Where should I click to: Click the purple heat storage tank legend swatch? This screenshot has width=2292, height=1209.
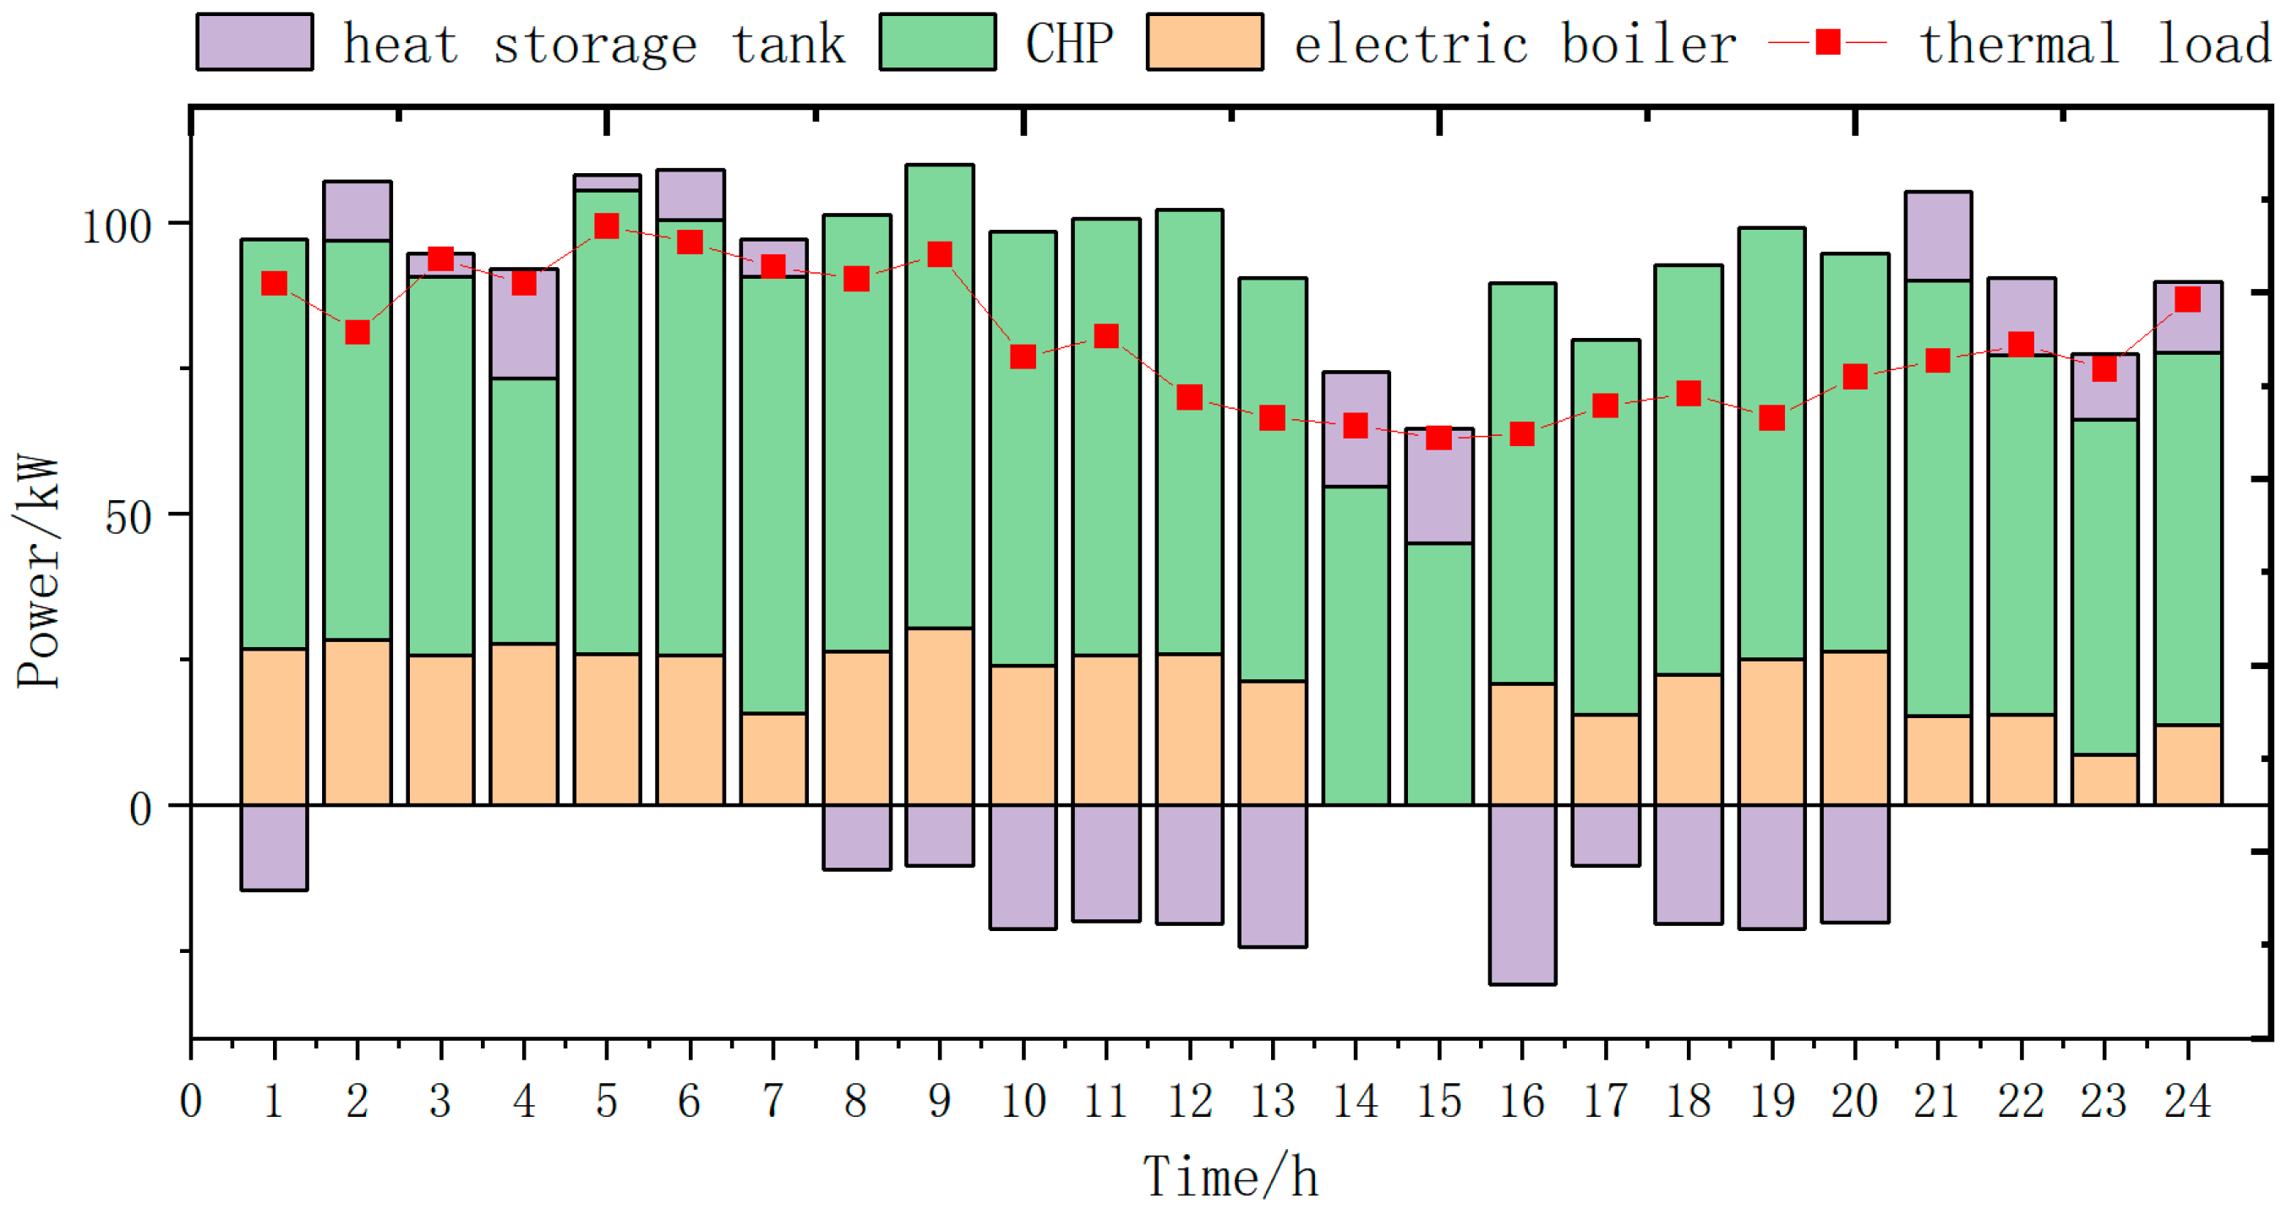254,41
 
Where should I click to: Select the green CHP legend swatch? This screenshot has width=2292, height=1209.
937,41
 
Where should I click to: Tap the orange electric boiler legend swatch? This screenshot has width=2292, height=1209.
1204,41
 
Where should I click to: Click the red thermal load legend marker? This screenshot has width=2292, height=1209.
1827,41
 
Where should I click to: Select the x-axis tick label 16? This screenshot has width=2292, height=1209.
1521,1102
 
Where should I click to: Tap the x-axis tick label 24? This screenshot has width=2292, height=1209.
2187,1102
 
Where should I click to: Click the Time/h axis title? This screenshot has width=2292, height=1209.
1230,1176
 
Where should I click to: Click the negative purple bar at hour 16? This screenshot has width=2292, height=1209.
1522,894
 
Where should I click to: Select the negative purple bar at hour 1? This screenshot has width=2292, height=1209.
274,847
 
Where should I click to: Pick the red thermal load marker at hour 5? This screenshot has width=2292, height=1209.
607,226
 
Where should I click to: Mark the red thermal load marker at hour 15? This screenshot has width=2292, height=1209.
1438,438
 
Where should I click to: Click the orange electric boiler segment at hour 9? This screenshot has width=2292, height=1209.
940,716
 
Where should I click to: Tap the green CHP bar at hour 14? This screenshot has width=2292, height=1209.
1356,645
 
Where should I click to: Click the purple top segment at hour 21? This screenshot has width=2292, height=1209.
1938,236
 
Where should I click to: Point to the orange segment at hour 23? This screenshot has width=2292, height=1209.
2104,779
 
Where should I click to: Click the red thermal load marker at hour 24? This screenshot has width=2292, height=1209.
2187,299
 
